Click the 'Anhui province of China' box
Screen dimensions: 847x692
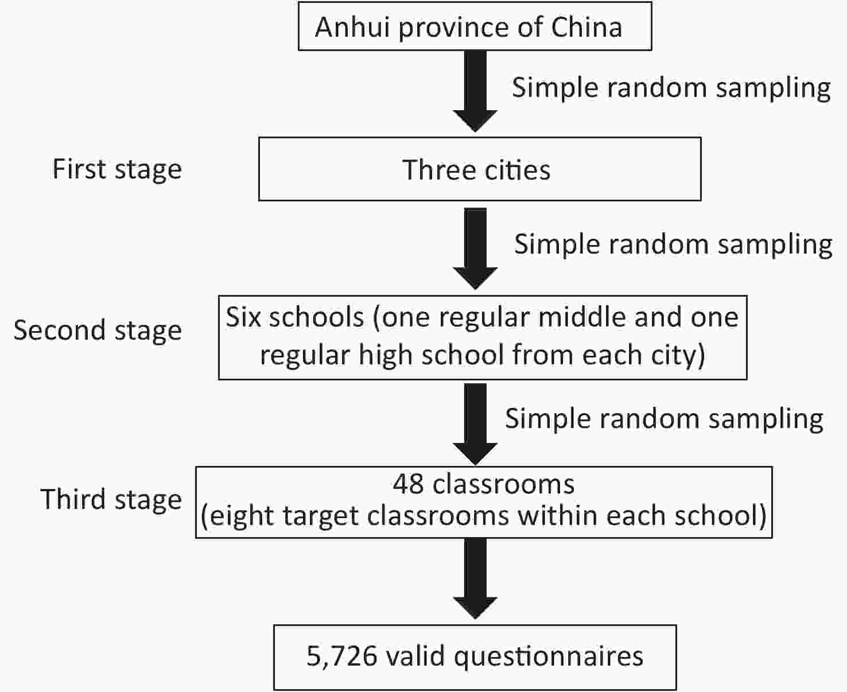click(475, 26)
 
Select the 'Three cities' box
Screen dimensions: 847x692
click(480, 169)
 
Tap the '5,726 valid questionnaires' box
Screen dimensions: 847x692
click(475, 657)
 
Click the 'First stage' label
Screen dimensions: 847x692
click(117, 170)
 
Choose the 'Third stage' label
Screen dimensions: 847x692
click(111, 500)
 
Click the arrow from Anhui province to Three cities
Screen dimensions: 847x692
click(475, 91)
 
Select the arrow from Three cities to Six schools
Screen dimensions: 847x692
click(475, 248)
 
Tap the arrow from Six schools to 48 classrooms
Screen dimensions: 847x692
click(475, 424)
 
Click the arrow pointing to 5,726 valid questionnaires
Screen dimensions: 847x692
click(475, 578)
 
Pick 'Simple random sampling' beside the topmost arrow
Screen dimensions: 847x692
click(671, 88)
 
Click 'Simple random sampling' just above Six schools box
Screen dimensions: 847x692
click(674, 245)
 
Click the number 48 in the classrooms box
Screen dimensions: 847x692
click(408, 484)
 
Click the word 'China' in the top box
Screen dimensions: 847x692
click(586, 28)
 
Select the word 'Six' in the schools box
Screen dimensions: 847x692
click(243, 317)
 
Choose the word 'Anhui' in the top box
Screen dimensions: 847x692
click(352, 28)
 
